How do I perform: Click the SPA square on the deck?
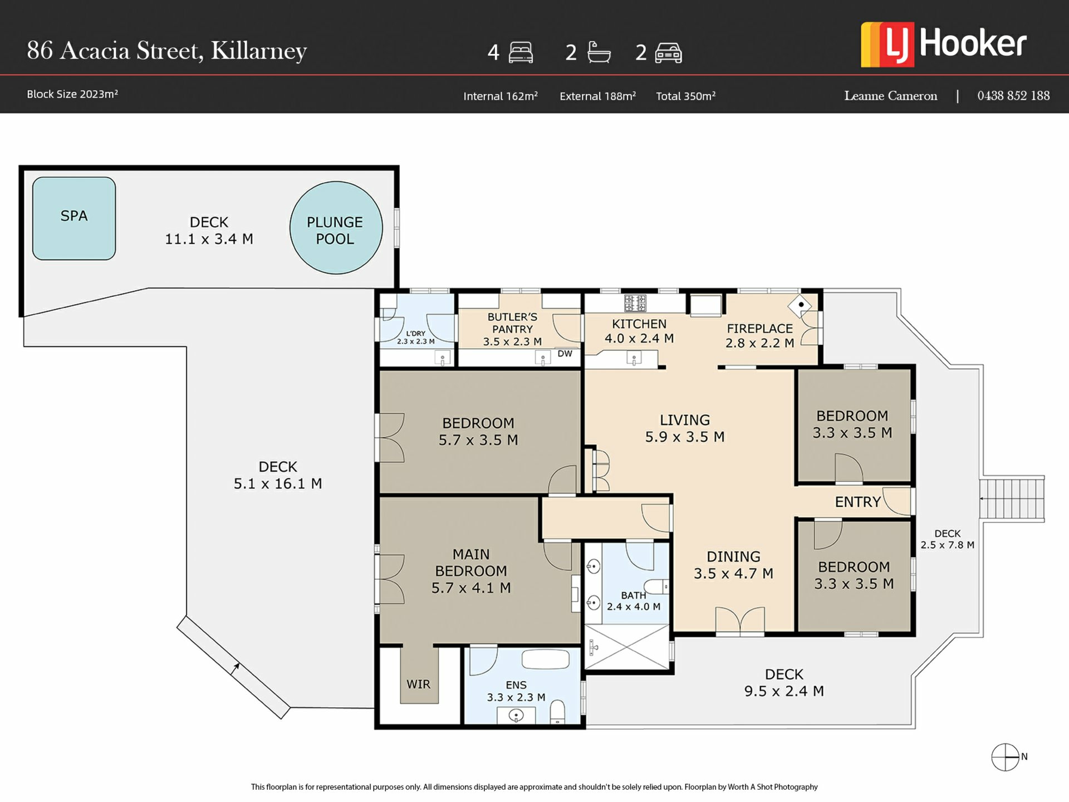tap(74, 218)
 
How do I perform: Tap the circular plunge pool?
tap(336, 228)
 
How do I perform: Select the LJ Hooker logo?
tap(944, 45)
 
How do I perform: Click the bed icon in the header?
tap(521, 52)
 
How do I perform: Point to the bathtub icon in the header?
tap(599, 52)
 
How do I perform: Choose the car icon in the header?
tap(669, 53)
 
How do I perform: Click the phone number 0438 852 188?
tap(1013, 96)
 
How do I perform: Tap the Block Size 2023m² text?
tap(72, 94)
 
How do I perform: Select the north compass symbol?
tap(1006, 757)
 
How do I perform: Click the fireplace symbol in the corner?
tap(800, 305)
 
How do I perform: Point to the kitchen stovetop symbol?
tap(635, 303)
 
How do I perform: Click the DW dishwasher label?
tap(565, 354)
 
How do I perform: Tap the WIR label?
tap(418, 684)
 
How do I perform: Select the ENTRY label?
tap(857, 502)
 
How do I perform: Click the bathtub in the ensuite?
tap(546, 659)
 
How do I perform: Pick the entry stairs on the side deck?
tap(1012, 498)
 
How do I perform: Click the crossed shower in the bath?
tap(627, 647)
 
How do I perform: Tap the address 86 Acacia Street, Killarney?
tap(167, 51)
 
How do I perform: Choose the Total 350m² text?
tap(686, 96)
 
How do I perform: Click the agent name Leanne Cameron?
tap(891, 96)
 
